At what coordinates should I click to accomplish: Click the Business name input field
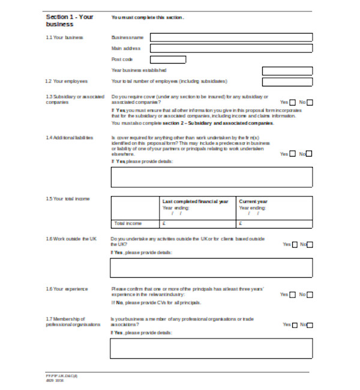231,37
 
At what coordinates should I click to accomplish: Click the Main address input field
231,48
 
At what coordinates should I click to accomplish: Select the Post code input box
167,59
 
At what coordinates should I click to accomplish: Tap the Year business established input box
287,71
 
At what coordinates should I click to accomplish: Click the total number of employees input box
287,82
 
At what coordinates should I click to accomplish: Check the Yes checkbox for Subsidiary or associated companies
292,103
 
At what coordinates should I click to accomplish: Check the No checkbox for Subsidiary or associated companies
310,103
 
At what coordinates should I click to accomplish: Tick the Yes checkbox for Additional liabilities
292,154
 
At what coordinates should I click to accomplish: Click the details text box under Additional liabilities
211,177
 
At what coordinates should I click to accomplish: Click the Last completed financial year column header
195,202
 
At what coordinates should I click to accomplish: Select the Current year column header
253,202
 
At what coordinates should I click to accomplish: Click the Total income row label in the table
128,223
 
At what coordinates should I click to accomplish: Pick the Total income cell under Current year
274,223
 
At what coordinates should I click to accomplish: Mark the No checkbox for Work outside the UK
310,245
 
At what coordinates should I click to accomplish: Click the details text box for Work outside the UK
211,268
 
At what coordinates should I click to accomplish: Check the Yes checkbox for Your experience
292,295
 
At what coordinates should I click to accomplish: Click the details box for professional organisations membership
211,348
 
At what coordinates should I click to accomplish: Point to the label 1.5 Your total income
68,199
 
